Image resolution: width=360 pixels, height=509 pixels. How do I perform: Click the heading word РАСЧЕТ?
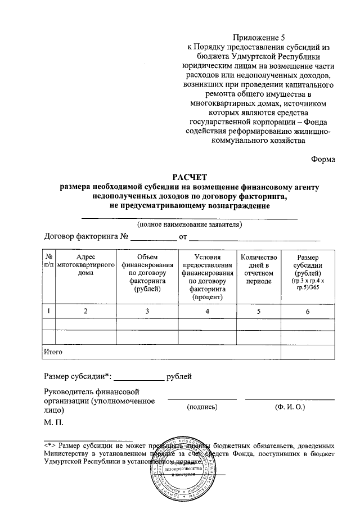point(190,177)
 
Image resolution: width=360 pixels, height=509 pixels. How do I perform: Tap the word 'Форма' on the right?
point(323,159)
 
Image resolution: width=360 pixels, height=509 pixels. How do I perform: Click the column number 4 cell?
point(207,311)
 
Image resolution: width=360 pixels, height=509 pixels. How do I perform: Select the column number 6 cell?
point(308,311)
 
